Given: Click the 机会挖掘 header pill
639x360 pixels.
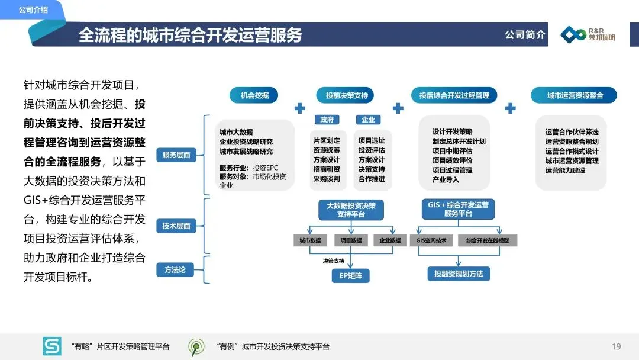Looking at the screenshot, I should tap(254, 95).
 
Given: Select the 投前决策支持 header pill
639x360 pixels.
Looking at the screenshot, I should tap(347, 95).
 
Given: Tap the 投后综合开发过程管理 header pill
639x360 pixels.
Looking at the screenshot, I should tap(454, 95).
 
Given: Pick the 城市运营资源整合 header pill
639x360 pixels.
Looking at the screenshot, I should tap(575, 95).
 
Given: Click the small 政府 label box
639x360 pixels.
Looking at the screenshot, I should tap(327, 120).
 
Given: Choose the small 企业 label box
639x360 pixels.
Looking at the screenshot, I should tap(368, 120).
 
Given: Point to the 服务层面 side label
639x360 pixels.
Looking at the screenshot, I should tap(176, 155).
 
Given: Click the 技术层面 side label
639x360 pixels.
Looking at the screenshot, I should tap(176, 226).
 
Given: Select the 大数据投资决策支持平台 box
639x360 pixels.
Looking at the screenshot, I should tap(351, 210).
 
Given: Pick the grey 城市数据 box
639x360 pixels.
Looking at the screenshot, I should tap(310, 241).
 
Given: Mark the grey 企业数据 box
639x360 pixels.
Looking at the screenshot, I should tap(390, 241).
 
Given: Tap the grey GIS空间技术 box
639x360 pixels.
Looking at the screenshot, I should tap(435, 241).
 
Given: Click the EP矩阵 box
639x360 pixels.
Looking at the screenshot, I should tap(350, 275).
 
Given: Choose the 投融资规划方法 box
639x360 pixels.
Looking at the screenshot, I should tap(459, 274).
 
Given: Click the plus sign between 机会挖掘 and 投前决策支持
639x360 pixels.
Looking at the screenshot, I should tap(300, 108).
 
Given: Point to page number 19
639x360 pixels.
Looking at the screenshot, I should tap(616, 346).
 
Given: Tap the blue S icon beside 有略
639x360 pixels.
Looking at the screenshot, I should tap(52, 346).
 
